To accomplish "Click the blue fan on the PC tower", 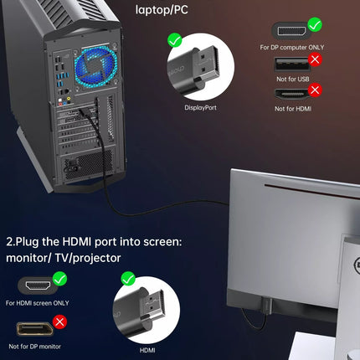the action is [95, 67].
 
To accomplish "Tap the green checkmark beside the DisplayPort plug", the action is [175, 40].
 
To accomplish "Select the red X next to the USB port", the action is [315, 59].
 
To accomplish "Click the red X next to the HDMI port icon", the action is [315, 90].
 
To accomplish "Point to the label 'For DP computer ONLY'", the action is [292, 48].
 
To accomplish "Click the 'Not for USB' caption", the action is [293, 79].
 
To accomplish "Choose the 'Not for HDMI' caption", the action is [293, 109].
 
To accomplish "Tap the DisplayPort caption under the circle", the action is [200, 108].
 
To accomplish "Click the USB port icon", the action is [292, 64].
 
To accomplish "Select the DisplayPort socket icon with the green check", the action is [291, 31].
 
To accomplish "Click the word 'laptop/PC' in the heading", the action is [162, 10].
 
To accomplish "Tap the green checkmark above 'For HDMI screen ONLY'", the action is [60, 279].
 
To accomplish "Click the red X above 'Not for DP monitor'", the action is [60, 322].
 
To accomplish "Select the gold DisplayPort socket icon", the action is [34, 329].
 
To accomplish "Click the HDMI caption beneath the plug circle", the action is [147, 350].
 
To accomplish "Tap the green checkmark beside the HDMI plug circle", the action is [128, 279].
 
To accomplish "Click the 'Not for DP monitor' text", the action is [35, 347].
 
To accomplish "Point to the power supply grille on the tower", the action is [88, 165].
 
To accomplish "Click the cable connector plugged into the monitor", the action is [266, 306].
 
